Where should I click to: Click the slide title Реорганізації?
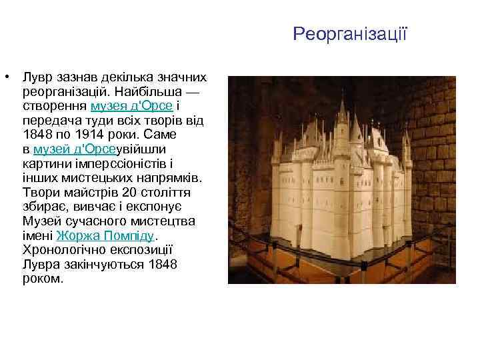tap(349, 33)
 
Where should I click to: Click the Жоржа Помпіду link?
tap(106, 236)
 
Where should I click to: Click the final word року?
tap(43, 279)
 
